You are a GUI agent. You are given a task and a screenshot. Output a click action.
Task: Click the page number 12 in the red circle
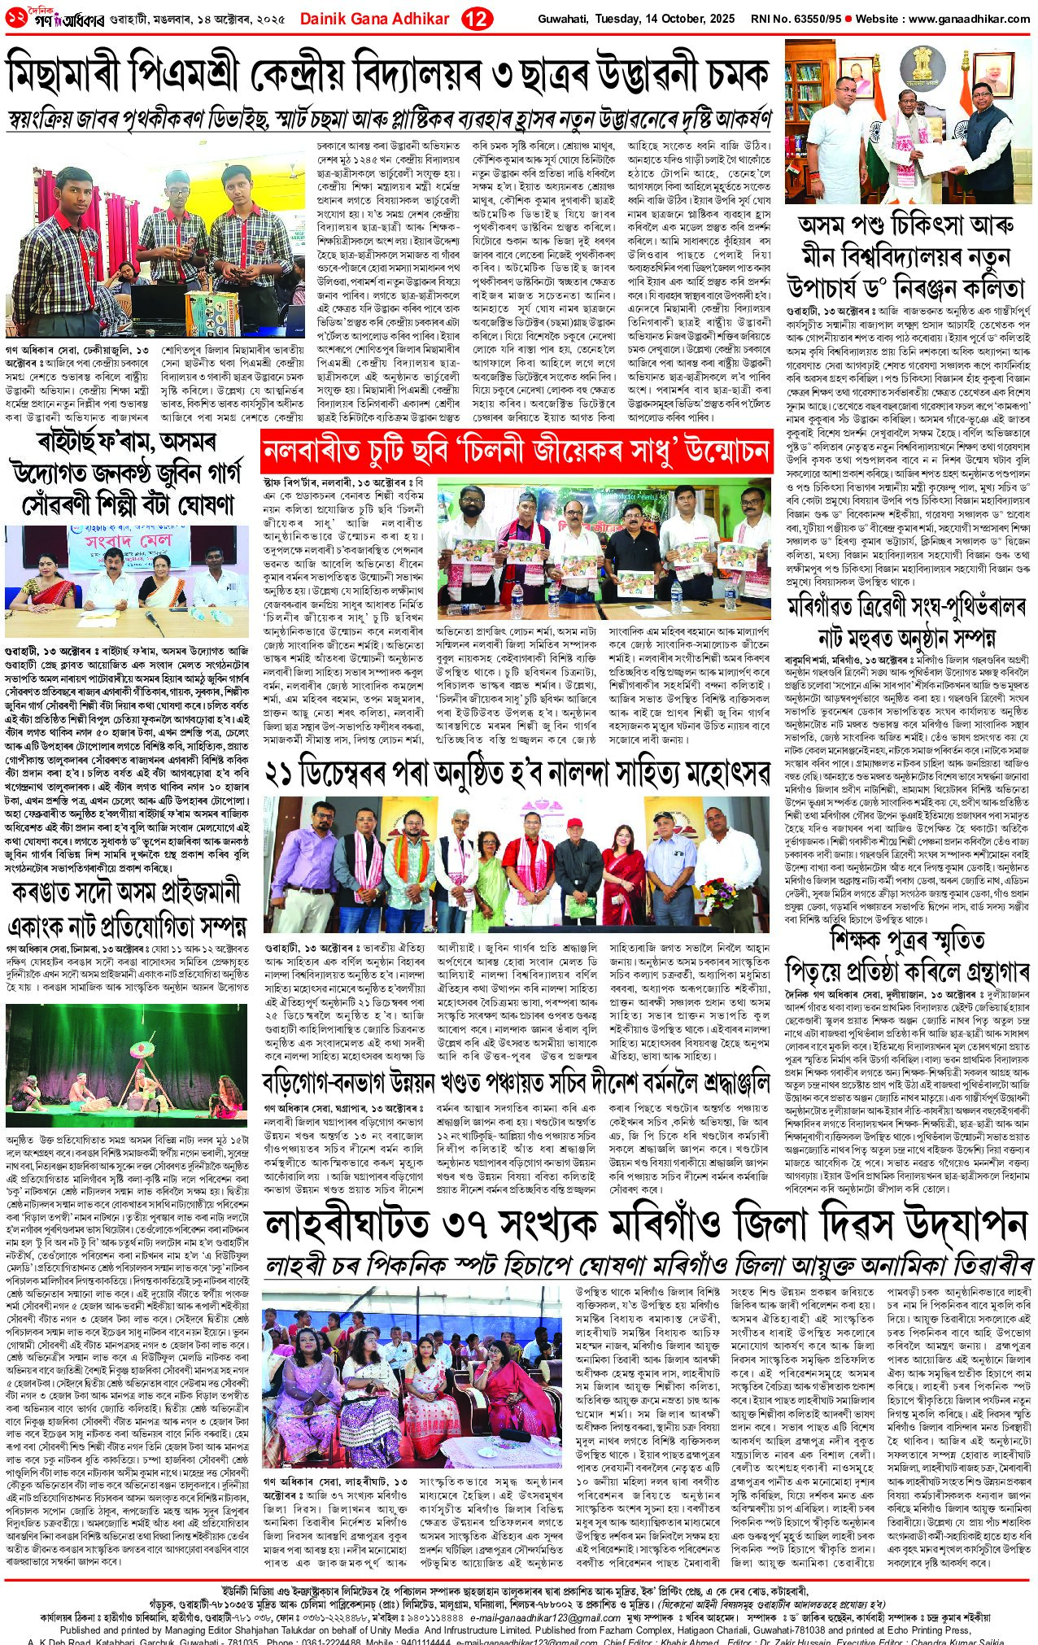point(476,18)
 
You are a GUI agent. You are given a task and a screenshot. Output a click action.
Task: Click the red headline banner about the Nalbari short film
point(516,450)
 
